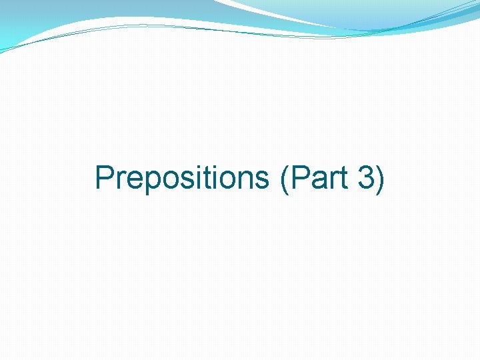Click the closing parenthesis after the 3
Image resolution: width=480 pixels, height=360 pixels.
click(379, 179)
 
